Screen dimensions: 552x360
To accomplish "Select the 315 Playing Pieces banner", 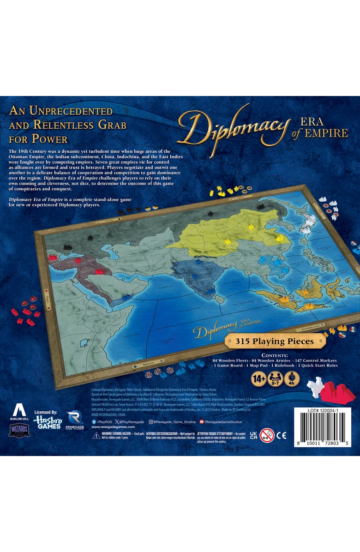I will point(275,342).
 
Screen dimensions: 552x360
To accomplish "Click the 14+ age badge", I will point(258,379).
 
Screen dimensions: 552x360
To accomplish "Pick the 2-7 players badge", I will point(275,379).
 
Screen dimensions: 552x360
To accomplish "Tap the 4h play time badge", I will point(292,379).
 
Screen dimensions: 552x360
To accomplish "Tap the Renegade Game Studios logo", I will point(75,420).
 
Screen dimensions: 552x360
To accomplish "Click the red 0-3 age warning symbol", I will point(267,435).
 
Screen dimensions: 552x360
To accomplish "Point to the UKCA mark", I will point(253,435).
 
